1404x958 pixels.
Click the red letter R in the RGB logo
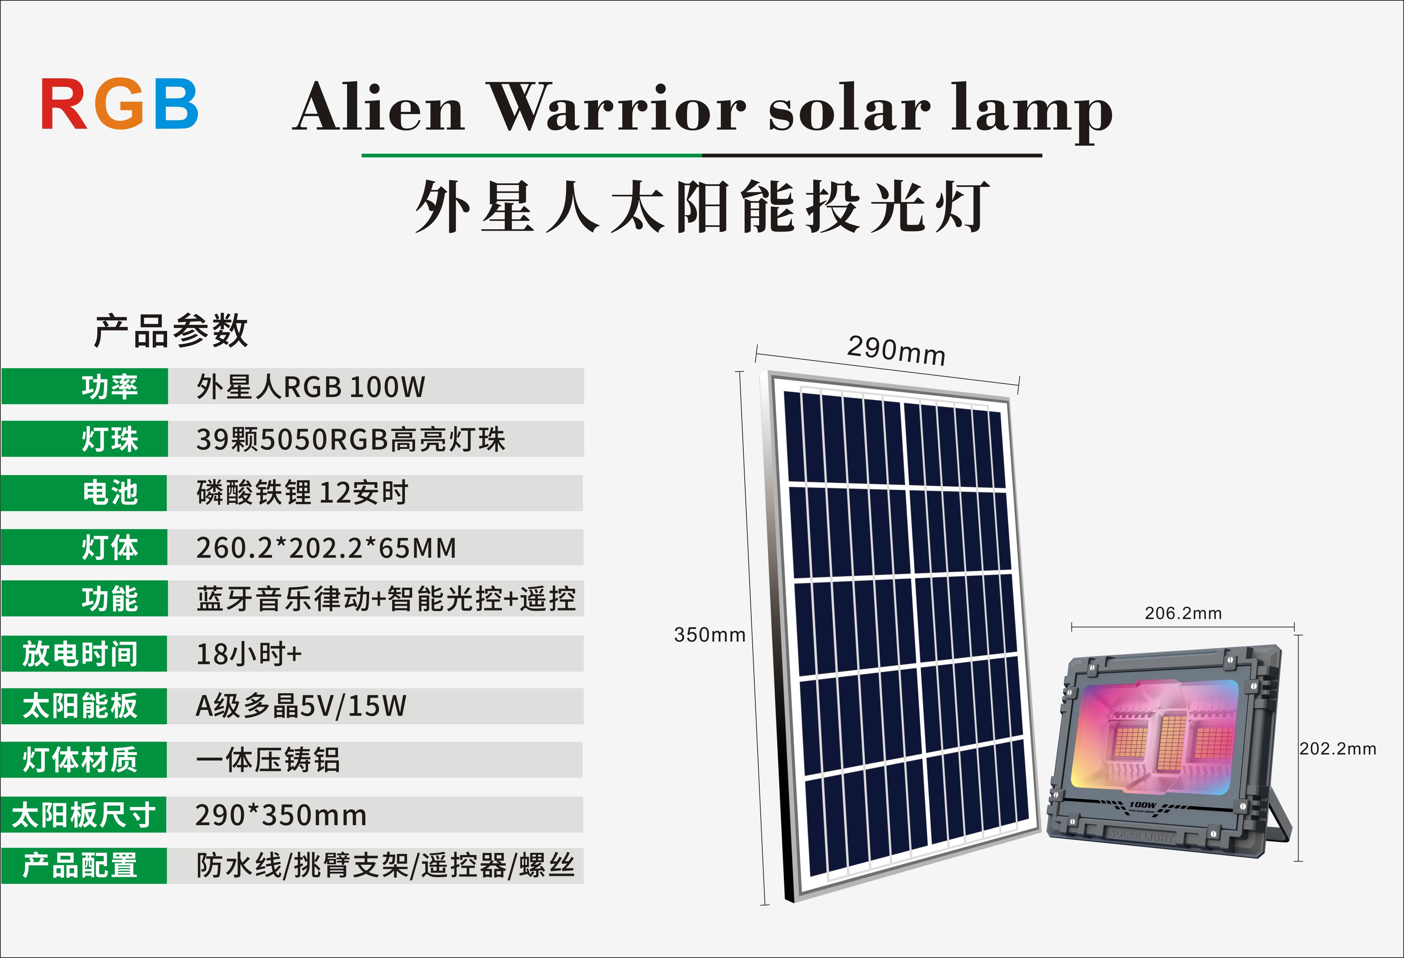coord(64,104)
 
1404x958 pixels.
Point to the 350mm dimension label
coord(710,635)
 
